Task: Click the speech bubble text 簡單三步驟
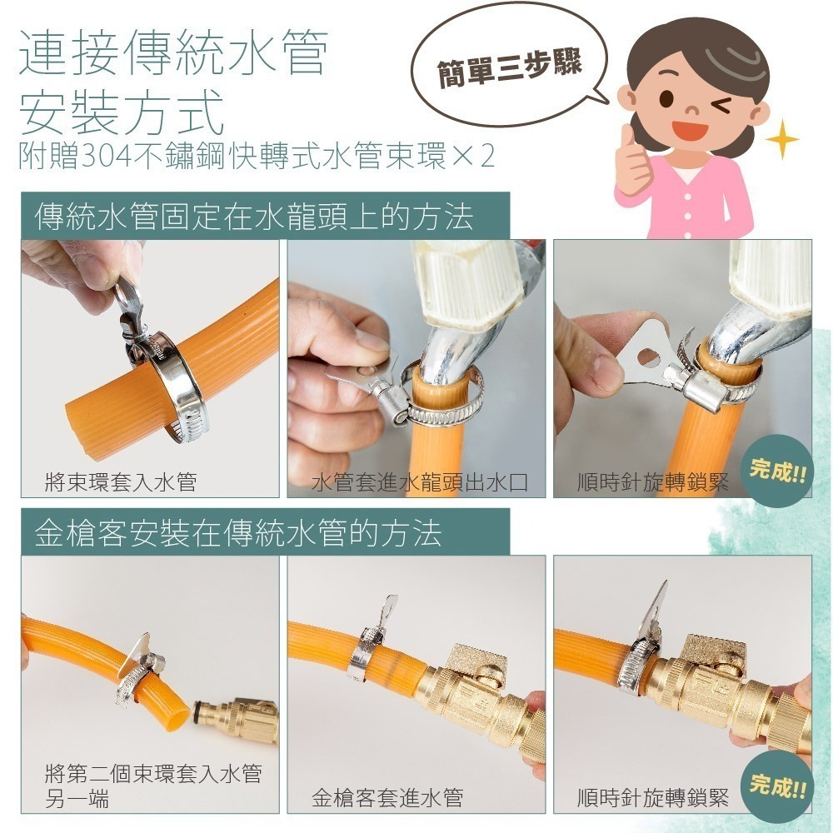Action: pos(510,67)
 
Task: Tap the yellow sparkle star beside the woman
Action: pos(781,139)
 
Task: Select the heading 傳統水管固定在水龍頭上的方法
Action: pos(254,217)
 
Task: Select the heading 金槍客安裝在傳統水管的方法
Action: pos(238,532)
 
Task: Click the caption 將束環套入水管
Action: pos(121,481)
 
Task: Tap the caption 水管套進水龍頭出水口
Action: pos(419,481)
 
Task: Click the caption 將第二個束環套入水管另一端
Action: pos(153,786)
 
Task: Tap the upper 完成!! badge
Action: pos(778,470)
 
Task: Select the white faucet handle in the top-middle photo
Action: pos(467,285)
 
